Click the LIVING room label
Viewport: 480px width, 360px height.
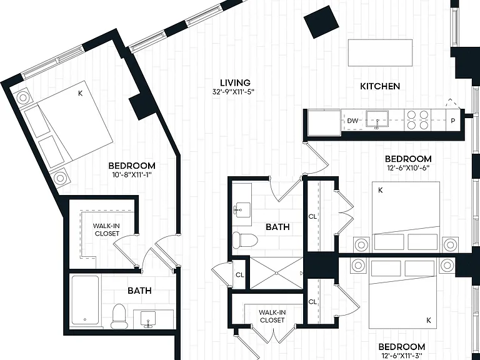[x=235, y=82]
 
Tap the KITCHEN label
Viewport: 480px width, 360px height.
[x=380, y=86]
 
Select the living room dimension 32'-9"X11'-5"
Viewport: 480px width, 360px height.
[x=234, y=91]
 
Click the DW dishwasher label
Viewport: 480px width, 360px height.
[x=352, y=121]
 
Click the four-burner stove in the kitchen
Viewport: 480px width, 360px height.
[x=417, y=120]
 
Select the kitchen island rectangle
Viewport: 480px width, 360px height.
[x=380, y=52]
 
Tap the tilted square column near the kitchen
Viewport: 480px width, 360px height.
[x=321, y=21]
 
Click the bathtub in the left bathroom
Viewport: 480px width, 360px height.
[x=86, y=300]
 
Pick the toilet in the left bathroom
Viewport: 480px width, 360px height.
[x=119, y=316]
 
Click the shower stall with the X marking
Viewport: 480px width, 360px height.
[x=276, y=272]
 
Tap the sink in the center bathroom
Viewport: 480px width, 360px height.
[x=241, y=210]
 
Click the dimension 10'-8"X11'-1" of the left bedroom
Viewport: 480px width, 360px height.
[x=132, y=175]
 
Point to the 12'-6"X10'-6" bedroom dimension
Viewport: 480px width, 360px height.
[x=408, y=167]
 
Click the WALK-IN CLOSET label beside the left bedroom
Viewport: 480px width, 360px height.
[x=107, y=229]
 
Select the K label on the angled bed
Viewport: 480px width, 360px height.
[x=80, y=93]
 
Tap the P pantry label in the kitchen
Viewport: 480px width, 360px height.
[x=453, y=121]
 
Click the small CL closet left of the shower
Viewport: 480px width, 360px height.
[x=240, y=275]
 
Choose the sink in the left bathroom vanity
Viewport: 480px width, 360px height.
[x=148, y=319]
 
